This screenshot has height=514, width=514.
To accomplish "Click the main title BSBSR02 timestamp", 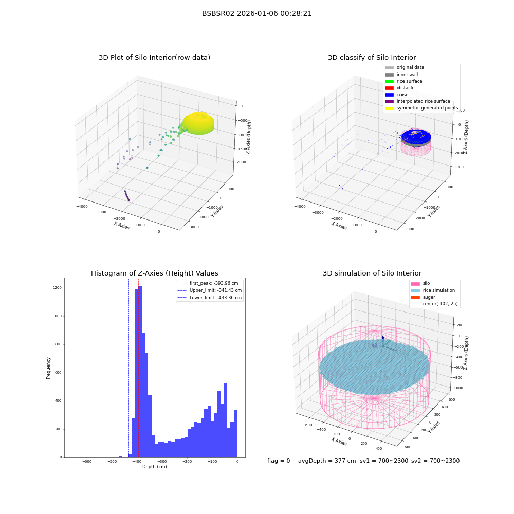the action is [x=256, y=14].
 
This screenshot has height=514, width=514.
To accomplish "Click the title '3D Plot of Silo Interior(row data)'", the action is [x=154, y=58].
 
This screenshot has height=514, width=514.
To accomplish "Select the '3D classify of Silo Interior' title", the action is [x=372, y=58].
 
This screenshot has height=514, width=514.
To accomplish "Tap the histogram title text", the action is [x=154, y=273].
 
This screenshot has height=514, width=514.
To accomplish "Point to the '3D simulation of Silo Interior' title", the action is [x=372, y=273].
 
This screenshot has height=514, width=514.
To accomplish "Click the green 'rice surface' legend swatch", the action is [x=389, y=81].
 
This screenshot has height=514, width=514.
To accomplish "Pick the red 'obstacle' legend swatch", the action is [x=389, y=88].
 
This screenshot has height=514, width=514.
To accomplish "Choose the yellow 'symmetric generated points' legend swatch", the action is [x=389, y=108].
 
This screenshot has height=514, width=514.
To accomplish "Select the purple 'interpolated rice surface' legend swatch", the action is [x=389, y=101].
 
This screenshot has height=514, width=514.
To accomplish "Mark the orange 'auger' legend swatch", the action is [x=415, y=297].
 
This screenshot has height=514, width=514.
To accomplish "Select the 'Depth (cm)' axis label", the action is [x=154, y=467].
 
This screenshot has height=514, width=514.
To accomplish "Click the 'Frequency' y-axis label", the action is [x=48, y=368].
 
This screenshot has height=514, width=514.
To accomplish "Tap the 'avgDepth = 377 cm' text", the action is [x=327, y=461].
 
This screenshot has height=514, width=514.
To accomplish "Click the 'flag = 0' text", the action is [x=279, y=461].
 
